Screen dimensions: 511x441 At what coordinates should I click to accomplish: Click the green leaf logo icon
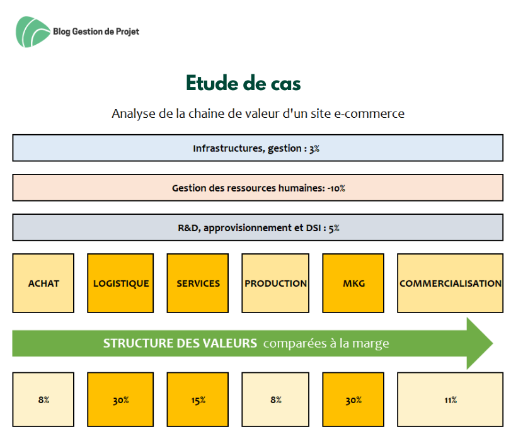[x=33, y=32]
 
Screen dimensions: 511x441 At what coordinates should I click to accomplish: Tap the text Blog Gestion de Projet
[x=96, y=31]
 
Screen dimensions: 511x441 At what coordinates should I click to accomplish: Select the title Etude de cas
[x=243, y=83]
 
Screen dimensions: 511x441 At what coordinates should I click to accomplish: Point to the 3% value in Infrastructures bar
[x=314, y=149]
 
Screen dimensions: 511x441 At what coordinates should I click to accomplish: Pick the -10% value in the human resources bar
[x=336, y=188]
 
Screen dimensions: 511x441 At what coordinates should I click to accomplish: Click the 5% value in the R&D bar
[x=334, y=228]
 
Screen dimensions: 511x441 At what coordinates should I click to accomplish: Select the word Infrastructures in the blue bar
[x=228, y=148]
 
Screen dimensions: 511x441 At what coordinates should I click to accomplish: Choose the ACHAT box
[x=43, y=283]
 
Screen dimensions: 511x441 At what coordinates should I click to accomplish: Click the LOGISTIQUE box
[x=120, y=283]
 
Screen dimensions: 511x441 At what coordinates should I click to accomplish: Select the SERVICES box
[x=198, y=283]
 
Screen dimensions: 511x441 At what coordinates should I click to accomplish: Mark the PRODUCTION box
[x=275, y=283]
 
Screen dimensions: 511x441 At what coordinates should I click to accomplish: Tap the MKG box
[x=353, y=283]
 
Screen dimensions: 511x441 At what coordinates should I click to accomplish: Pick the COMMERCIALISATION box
[x=450, y=283]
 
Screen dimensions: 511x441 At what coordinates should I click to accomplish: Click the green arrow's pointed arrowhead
[x=492, y=343]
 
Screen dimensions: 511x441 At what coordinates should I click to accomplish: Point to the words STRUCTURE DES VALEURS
[x=180, y=343]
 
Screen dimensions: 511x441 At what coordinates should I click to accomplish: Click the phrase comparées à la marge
[x=326, y=343]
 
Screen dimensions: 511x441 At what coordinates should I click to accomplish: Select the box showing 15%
[x=198, y=399]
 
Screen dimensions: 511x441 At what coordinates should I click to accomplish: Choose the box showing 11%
[x=450, y=399]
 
